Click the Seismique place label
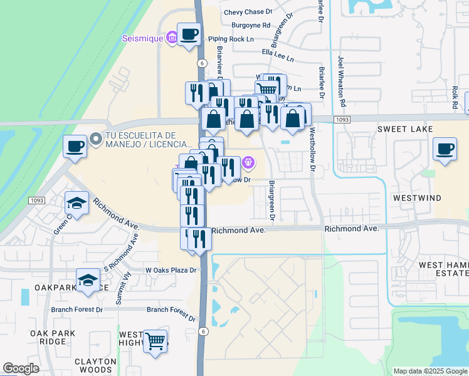143,38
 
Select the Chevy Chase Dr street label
249,12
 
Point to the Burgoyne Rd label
251,26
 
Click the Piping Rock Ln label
231,39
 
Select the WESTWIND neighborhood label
417,197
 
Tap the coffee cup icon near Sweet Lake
445,149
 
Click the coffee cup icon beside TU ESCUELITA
75,146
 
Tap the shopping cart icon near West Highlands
155,342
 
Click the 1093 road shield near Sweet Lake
342,119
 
